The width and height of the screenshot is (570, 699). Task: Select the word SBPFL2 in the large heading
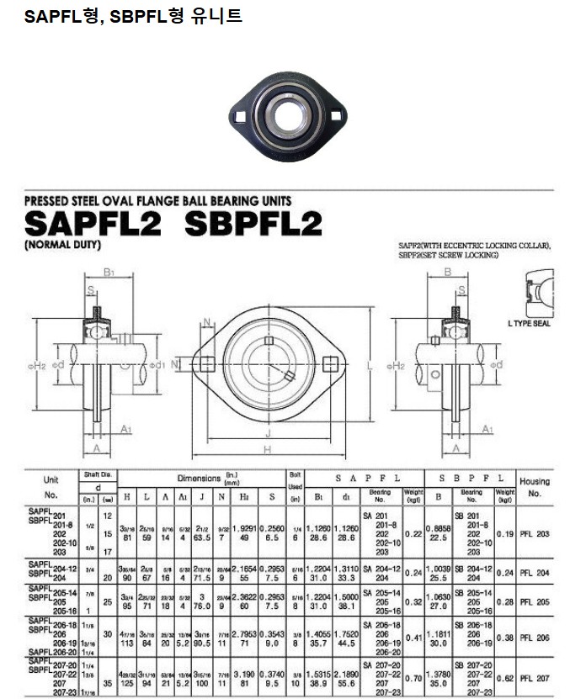click(x=253, y=225)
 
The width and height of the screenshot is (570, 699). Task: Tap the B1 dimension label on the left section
click(x=108, y=272)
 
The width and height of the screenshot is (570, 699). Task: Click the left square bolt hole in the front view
click(x=206, y=364)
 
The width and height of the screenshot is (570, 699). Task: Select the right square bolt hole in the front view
click(x=329, y=364)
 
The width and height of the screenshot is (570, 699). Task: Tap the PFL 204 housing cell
click(x=535, y=573)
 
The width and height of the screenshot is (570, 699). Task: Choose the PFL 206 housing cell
click(x=535, y=639)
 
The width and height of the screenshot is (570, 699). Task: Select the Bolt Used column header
click(x=296, y=480)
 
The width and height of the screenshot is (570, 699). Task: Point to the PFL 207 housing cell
click(x=535, y=678)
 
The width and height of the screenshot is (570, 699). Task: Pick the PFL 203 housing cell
click(x=535, y=533)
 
